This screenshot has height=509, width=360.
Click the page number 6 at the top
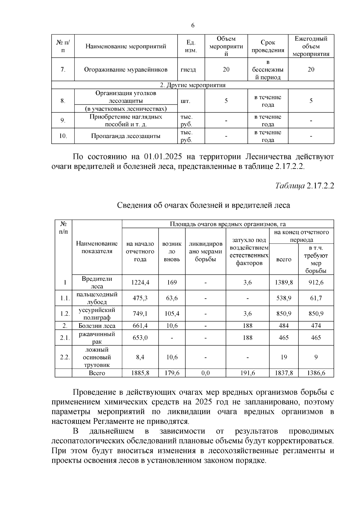[x=193, y=25]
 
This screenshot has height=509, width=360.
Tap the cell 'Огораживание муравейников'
[x=125, y=70]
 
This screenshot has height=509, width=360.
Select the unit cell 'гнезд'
[x=188, y=70]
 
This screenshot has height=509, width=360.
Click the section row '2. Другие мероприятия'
[x=192, y=85]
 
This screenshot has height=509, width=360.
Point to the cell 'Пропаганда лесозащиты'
[x=125, y=136]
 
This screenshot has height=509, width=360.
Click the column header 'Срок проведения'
[x=268, y=46]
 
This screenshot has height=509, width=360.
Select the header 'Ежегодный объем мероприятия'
[x=311, y=46]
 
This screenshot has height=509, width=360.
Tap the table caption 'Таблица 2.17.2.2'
[x=304, y=186]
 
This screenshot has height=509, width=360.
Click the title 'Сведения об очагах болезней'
[x=203, y=205]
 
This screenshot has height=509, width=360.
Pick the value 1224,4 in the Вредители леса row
[x=140, y=283]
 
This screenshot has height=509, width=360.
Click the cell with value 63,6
[x=172, y=298]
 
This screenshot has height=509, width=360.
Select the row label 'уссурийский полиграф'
[x=97, y=314]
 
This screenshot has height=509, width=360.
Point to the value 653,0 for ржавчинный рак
[x=140, y=338]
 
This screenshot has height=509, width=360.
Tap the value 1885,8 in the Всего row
[x=140, y=373]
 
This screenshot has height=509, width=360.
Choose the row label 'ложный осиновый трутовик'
[x=97, y=357]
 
